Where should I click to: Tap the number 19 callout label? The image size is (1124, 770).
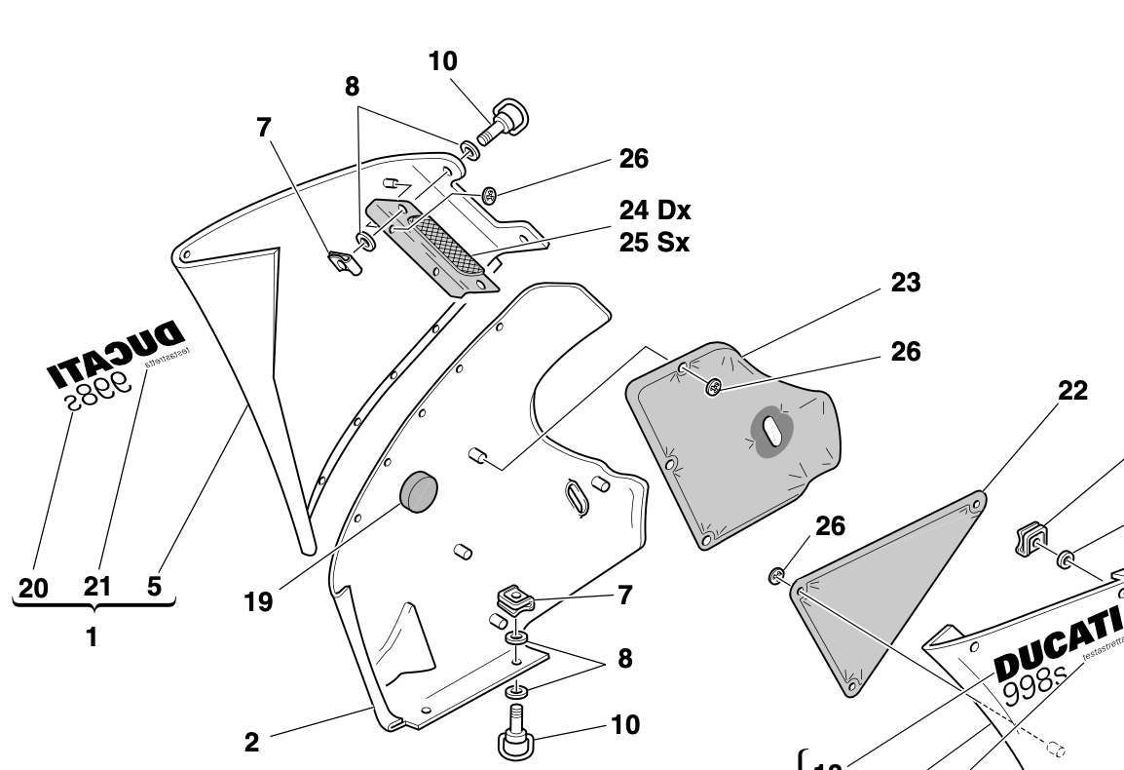(x=257, y=601)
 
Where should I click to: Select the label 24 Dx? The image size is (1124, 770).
(x=655, y=211)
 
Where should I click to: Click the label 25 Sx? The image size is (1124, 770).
(x=654, y=242)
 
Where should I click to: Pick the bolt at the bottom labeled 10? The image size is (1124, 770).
(x=516, y=739)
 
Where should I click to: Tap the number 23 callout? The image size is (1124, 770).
(x=905, y=283)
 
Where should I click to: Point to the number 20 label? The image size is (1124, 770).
(x=32, y=588)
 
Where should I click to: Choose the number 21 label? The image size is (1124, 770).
(x=96, y=587)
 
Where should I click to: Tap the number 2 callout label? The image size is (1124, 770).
(x=251, y=743)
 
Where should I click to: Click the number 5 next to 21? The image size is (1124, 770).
(x=154, y=587)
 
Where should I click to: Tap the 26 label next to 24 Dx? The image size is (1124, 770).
(x=633, y=158)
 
